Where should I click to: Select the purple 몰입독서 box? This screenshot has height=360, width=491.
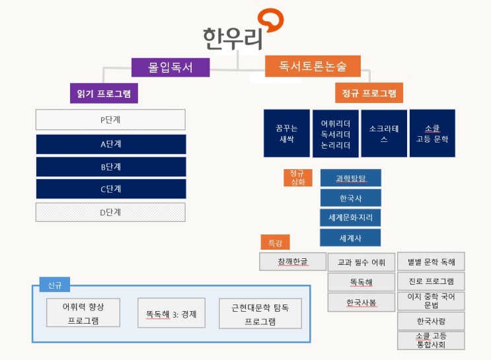[x=170, y=67]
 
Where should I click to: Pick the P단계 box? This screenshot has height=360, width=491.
[x=110, y=120]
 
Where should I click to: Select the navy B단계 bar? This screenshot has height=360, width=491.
[x=110, y=166]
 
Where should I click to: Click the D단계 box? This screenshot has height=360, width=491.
[x=110, y=212]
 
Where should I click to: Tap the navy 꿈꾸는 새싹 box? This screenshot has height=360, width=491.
[x=286, y=133]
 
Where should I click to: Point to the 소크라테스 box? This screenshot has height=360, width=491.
[x=383, y=133]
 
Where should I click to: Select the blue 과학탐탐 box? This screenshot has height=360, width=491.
[x=350, y=178]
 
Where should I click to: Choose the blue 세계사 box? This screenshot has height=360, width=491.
[x=350, y=238]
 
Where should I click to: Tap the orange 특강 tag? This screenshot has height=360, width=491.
[x=275, y=243]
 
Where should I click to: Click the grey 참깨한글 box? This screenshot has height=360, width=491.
[x=293, y=261]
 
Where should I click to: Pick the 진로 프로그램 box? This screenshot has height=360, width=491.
[x=431, y=281]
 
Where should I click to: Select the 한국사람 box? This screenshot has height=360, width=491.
[x=431, y=321]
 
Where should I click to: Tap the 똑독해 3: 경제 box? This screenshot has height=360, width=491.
[x=171, y=314]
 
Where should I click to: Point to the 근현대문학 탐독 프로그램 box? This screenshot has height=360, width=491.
[x=260, y=314]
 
